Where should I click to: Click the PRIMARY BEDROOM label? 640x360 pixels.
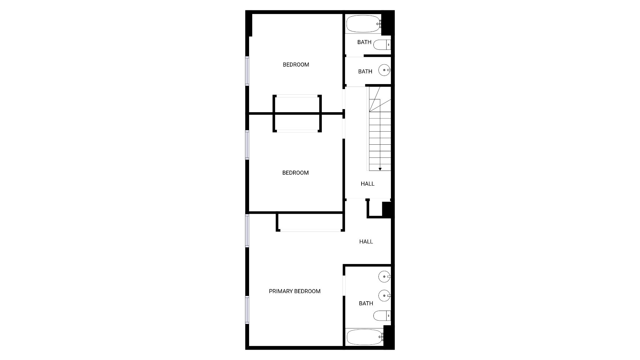point(294,291)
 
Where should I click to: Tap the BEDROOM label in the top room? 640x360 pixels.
point(296,65)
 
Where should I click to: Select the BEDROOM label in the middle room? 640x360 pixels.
point(295,173)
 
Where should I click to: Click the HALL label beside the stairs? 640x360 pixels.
point(367,184)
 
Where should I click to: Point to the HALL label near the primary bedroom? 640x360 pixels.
point(366,242)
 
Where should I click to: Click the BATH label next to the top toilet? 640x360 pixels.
point(364,42)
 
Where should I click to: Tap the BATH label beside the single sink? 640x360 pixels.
point(365,72)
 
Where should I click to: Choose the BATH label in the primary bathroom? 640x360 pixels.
point(366,303)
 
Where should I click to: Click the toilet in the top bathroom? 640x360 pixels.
point(382,45)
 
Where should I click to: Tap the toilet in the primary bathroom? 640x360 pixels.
point(382,316)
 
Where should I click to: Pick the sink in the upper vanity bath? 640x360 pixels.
point(384,70)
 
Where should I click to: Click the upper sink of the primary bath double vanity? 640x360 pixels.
point(384,276)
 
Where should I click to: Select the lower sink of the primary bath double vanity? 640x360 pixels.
point(384,295)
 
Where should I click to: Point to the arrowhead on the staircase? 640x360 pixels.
point(380,169)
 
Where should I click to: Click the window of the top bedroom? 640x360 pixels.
point(247,71)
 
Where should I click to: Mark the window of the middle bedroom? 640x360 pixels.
point(247,145)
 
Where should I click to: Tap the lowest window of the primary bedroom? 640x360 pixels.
point(247,310)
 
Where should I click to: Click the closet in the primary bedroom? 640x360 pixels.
point(310,222)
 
